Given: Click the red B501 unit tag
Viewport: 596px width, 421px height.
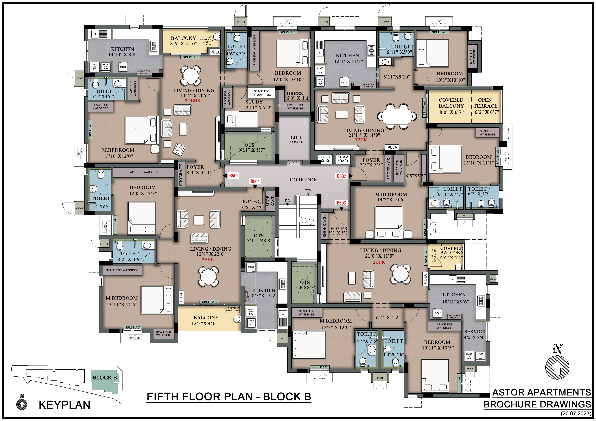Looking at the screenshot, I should tap(233, 176).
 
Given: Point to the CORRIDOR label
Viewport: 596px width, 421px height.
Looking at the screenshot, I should tap(303, 180).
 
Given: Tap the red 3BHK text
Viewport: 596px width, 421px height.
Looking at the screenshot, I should tap(361, 140).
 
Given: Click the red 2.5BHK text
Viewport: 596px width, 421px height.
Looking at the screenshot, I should tap(193, 101).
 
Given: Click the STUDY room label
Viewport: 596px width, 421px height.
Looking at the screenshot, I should tap(254, 102).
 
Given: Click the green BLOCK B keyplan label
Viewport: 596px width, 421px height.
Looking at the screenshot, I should tap(105, 378).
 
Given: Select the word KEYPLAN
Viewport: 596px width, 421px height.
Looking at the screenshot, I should tap(65, 405).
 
